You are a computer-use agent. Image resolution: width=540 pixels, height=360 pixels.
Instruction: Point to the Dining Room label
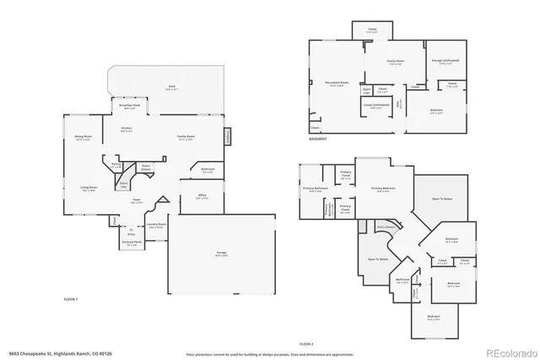(x=84, y=137)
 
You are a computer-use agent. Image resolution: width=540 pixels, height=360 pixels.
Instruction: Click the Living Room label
(x=89, y=190)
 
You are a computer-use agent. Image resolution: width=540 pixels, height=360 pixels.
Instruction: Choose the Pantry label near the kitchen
(x=116, y=167)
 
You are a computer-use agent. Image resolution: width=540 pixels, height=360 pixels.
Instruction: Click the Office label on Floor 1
(x=202, y=196)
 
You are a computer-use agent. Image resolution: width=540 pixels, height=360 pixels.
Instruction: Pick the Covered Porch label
(x=132, y=243)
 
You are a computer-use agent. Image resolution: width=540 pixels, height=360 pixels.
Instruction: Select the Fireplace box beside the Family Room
(x=226, y=136)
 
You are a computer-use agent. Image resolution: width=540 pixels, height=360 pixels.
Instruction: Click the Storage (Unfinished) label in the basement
(x=445, y=62)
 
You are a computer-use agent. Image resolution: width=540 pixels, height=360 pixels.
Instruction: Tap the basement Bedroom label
(x=435, y=112)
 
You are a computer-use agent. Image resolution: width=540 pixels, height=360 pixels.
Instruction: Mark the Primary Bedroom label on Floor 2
(x=382, y=189)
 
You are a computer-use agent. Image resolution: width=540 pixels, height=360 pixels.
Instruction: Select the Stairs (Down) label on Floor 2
(x=386, y=227)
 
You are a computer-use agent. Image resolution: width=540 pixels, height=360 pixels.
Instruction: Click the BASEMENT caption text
(x=317, y=139)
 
